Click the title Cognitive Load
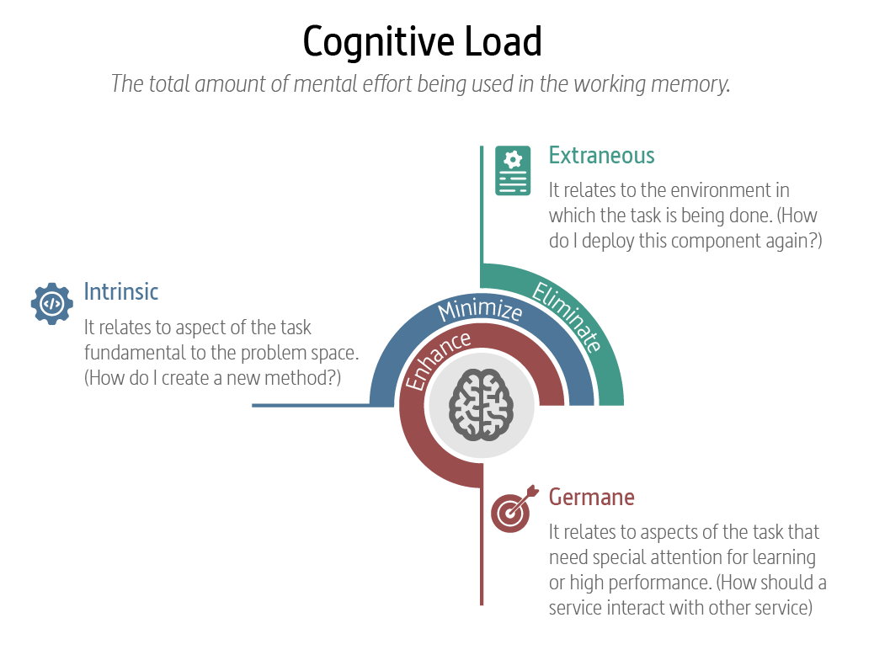click(422, 41)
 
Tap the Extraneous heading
click(601, 156)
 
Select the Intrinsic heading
click(121, 292)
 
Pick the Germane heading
click(591, 497)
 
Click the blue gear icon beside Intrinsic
click(51, 303)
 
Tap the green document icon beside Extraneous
click(513, 171)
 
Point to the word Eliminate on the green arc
click(568, 317)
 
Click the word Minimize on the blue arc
click(480, 310)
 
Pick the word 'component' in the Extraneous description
click(715, 241)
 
